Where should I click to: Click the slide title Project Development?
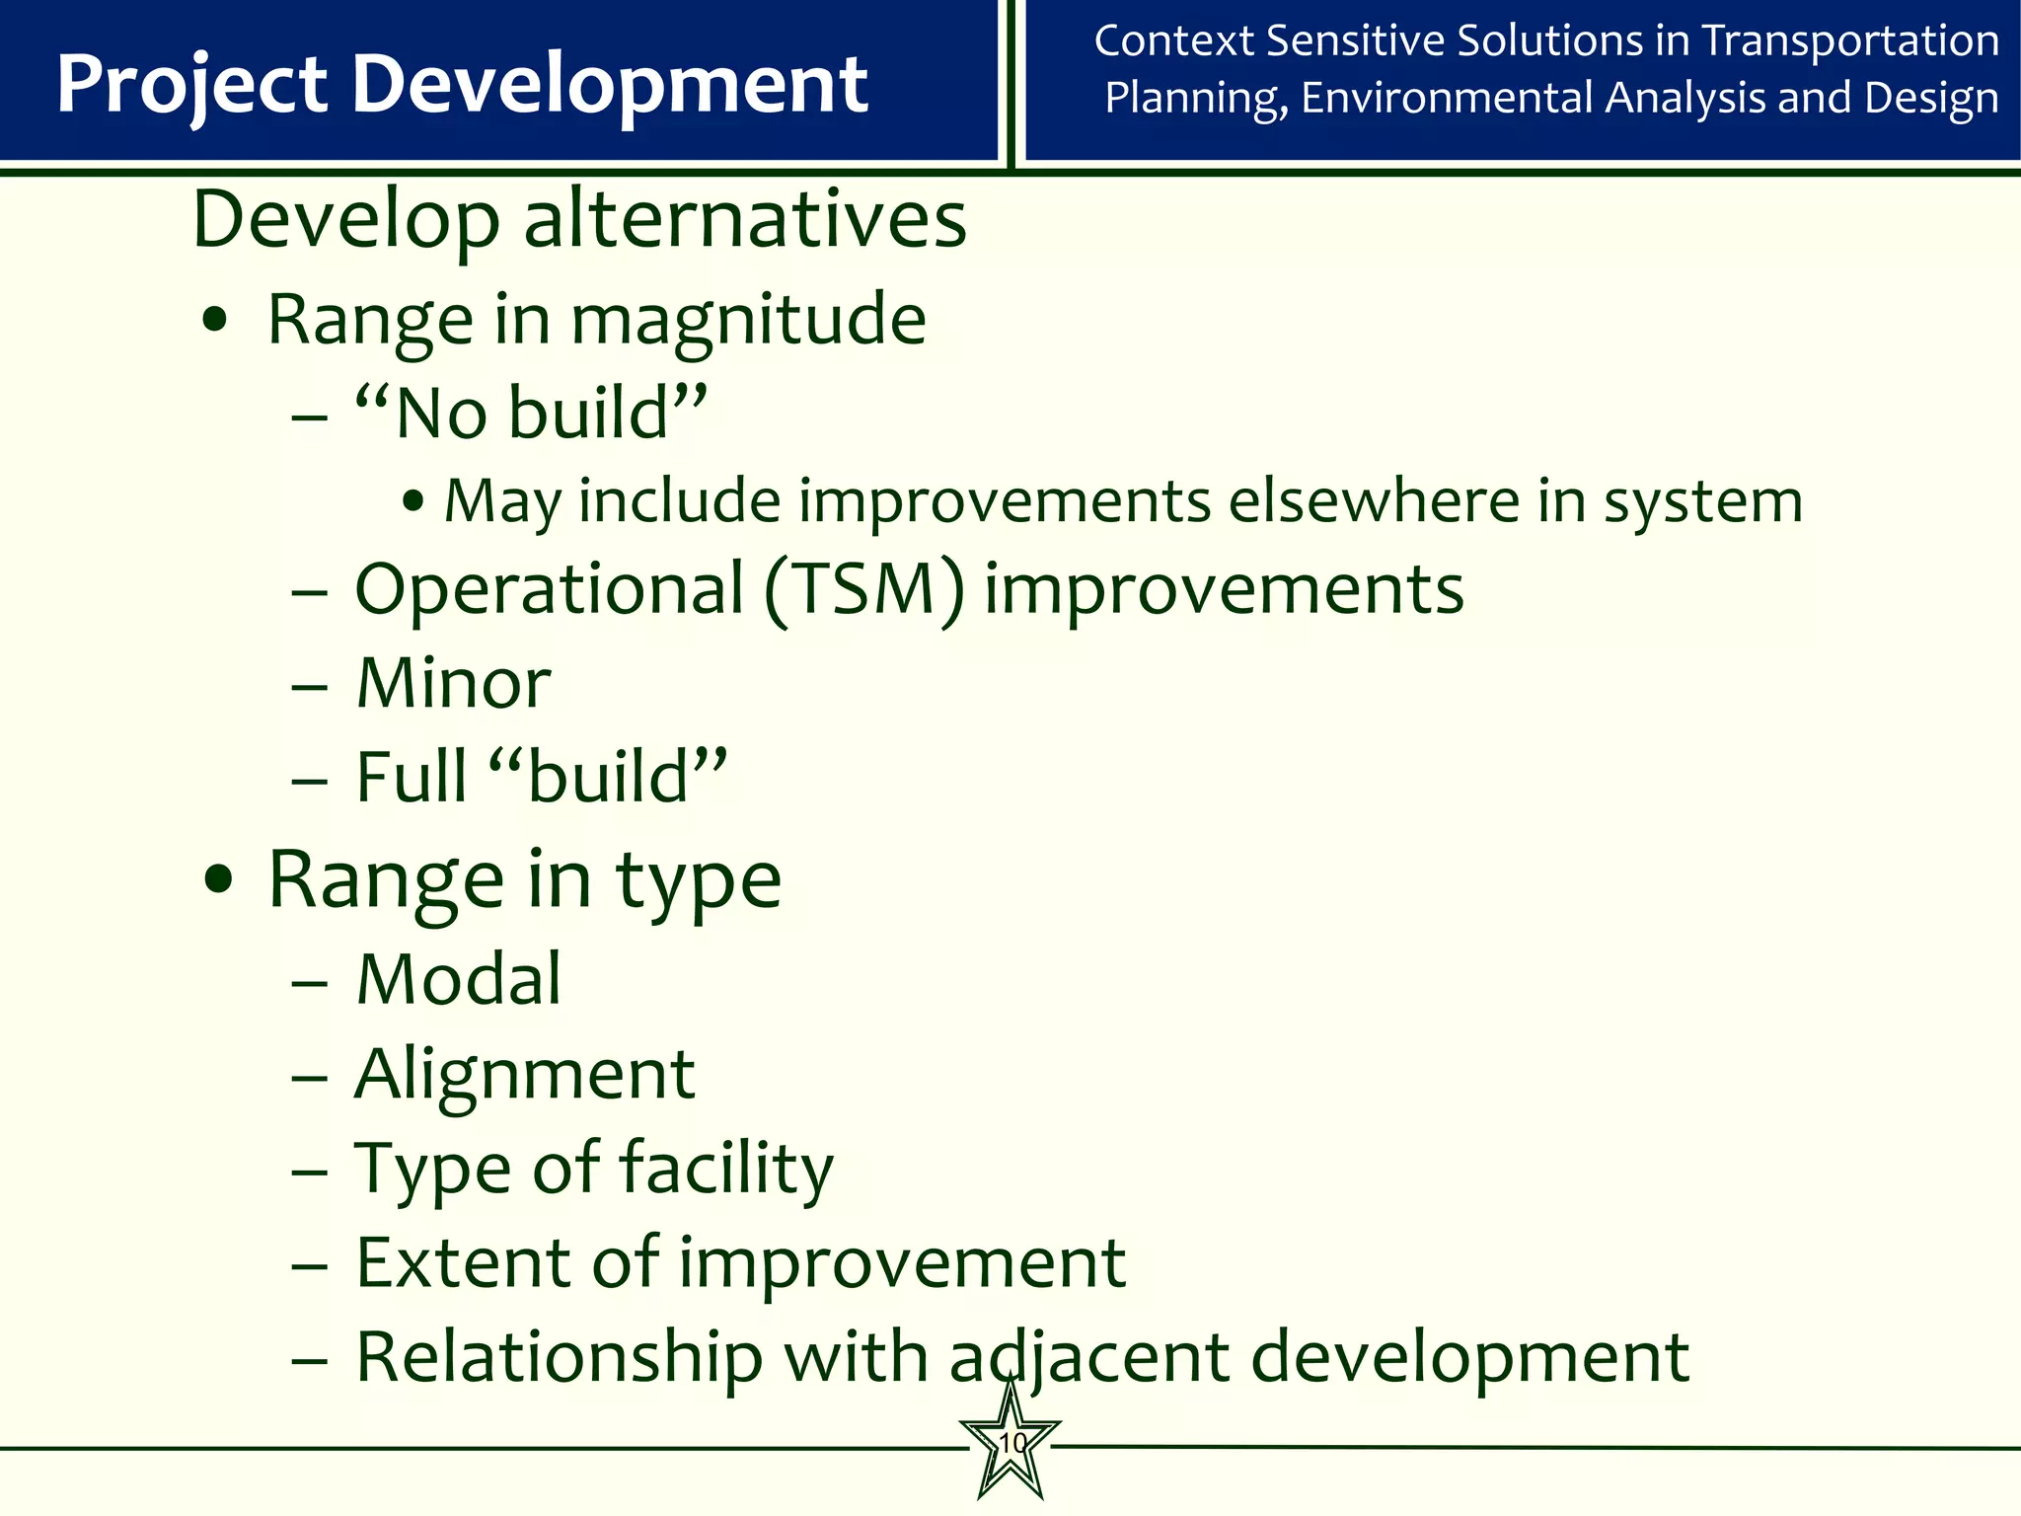[462, 84]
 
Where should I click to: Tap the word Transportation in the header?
[1851, 41]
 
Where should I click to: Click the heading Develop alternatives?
[579, 219]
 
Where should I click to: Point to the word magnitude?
[748, 321]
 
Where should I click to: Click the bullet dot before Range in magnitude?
[215, 322]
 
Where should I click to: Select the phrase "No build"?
[531, 413]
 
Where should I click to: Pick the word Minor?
[453, 683]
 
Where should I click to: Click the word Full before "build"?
[411, 777]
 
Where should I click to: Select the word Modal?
[459, 979]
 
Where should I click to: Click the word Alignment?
[525, 1074]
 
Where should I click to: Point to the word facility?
[726, 1169]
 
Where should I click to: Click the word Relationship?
[559, 1357]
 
